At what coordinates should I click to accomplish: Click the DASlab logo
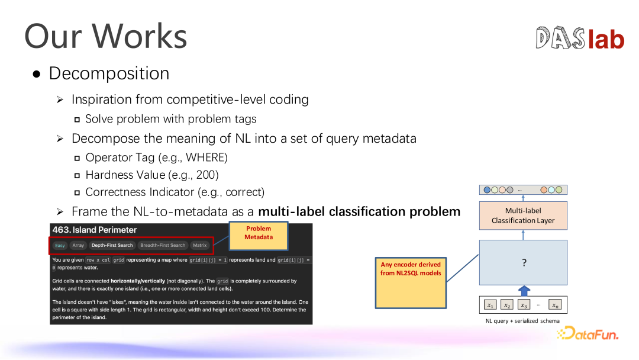pyautogui.click(x=580, y=38)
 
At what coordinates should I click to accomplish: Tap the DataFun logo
pyautogui.click(x=588, y=333)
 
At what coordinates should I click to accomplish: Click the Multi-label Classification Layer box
pyautogui.click(x=523, y=216)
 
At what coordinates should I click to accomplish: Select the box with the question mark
pyautogui.click(x=523, y=262)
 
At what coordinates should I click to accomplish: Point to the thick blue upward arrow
pyautogui.click(x=524, y=291)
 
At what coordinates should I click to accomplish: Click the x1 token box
pyautogui.click(x=490, y=305)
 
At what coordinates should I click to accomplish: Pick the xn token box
pyautogui.click(x=555, y=305)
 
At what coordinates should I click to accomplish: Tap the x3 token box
pyautogui.click(x=524, y=305)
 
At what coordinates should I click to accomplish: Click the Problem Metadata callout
pyautogui.click(x=259, y=236)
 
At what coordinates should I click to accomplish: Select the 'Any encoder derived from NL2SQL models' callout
pyautogui.click(x=411, y=282)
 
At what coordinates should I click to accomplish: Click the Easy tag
pyautogui.click(x=60, y=246)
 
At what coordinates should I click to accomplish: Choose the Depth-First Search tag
pyautogui.click(x=112, y=246)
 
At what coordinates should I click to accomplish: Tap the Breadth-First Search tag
pyautogui.click(x=163, y=246)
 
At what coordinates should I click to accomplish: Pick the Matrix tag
pyautogui.click(x=200, y=246)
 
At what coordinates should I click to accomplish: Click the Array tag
pyautogui.click(x=78, y=246)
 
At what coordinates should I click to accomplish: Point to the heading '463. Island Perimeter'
pyautogui.click(x=95, y=230)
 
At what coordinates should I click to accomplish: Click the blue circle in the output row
pyautogui.click(x=487, y=190)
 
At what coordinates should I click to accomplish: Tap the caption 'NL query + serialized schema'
pyautogui.click(x=522, y=321)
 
